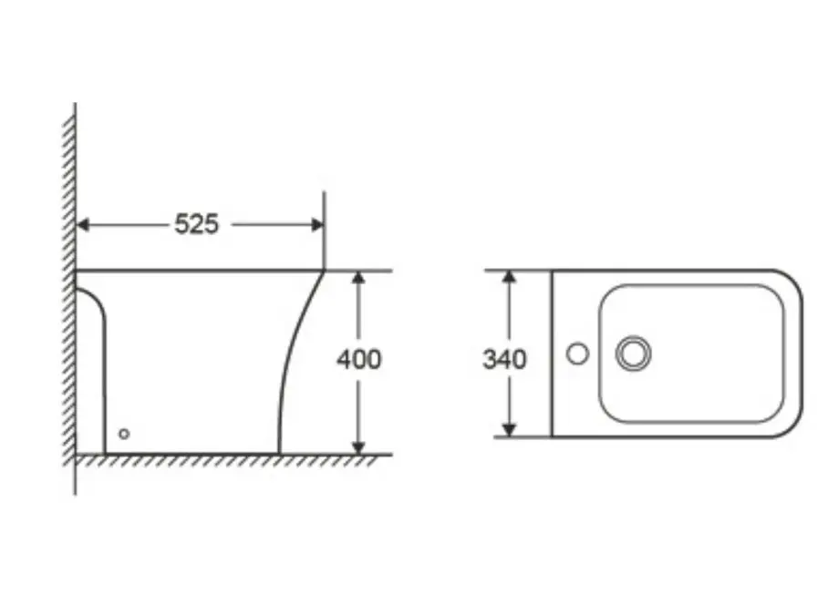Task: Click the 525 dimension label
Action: click(196, 224)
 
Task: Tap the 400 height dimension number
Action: click(359, 360)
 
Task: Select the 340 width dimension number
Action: click(504, 360)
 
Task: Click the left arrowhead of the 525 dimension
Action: click(82, 225)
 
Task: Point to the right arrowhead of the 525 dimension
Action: click(317, 225)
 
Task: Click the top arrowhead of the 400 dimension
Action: click(357, 277)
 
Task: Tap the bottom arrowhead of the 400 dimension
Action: click(357, 448)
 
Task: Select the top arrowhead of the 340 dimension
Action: click(509, 277)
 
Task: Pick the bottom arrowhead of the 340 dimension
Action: click(509, 430)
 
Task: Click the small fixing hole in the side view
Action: click(124, 434)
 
